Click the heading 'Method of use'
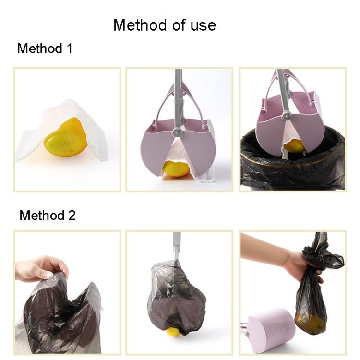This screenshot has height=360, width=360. (x=165, y=25)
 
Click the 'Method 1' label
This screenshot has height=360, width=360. (x=45, y=48)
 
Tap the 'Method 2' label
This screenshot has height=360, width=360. (x=47, y=216)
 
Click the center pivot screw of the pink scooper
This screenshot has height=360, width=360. (x=177, y=131)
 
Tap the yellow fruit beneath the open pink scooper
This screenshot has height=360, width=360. (x=176, y=168)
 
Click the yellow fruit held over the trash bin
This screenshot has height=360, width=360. (x=295, y=145)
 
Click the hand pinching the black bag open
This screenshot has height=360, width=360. (x=43, y=267)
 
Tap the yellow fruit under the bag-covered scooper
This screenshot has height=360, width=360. (x=173, y=331)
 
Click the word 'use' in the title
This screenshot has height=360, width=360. (x=202, y=25)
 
